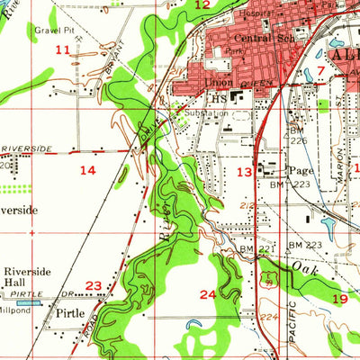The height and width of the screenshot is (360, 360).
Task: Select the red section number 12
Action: click(203, 5)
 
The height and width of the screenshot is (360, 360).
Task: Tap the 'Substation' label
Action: click(202, 114)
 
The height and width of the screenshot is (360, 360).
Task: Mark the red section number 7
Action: click(321, 71)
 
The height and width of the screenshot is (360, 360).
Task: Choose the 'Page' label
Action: click(300, 169)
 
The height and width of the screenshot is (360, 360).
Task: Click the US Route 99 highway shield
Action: click(265, 279)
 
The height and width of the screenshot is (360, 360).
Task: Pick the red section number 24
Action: click(208, 293)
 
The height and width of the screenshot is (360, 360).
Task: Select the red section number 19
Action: click(339, 297)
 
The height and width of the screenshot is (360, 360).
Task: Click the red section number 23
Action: click(93, 286)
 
